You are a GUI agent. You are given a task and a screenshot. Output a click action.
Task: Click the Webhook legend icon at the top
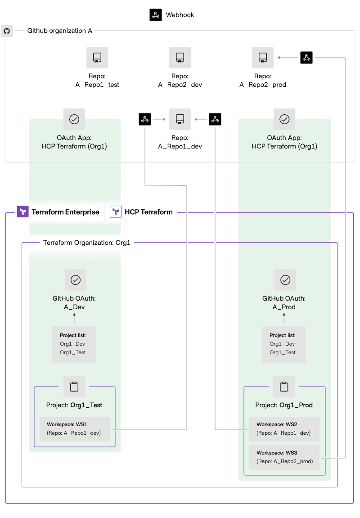click(x=156, y=15)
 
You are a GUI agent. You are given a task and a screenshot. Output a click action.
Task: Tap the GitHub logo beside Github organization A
click(x=7, y=31)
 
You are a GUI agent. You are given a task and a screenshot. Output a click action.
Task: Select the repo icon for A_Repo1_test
click(x=97, y=58)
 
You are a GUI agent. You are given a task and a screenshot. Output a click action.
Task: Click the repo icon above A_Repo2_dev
click(x=180, y=58)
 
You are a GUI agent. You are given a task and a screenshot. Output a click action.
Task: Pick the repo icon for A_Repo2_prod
click(x=263, y=58)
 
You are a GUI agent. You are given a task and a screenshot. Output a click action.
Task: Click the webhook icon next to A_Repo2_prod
click(x=306, y=58)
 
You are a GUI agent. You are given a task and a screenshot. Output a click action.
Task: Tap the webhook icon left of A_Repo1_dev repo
click(x=145, y=119)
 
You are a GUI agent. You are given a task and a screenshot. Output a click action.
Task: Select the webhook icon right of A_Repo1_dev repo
click(x=215, y=119)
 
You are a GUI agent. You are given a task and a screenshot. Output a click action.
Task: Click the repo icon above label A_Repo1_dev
click(x=180, y=119)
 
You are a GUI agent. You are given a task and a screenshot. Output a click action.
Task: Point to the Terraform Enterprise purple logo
click(x=23, y=212)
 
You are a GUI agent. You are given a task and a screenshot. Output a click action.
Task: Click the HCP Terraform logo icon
click(x=116, y=212)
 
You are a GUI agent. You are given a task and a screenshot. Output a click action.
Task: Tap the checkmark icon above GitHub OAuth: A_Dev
click(x=76, y=280)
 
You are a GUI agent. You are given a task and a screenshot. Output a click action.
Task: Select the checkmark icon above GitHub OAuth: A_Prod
click(x=285, y=280)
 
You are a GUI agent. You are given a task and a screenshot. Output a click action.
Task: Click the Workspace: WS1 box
click(x=75, y=429)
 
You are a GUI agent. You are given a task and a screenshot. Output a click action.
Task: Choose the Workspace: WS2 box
click(x=284, y=429)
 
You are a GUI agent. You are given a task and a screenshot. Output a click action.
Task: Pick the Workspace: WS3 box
click(x=284, y=458)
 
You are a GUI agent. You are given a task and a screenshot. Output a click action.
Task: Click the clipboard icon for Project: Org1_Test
click(x=74, y=387)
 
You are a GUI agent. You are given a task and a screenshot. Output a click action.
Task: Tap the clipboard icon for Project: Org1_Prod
click(x=284, y=387)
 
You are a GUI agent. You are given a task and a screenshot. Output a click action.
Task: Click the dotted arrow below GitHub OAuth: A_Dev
click(x=74, y=319)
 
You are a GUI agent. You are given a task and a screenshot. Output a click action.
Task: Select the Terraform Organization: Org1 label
click(x=86, y=243)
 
